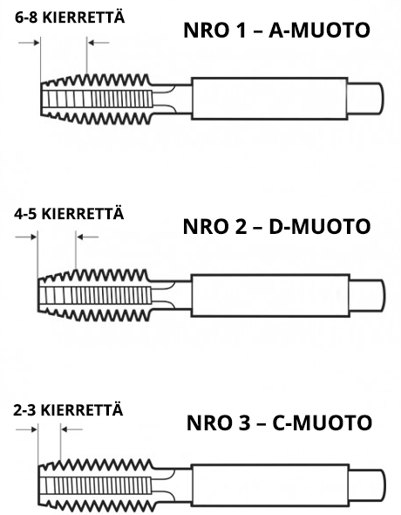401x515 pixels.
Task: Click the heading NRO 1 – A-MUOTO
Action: point(276,31)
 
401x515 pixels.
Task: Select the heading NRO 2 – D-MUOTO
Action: point(276,227)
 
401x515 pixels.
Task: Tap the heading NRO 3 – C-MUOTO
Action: point(279,422)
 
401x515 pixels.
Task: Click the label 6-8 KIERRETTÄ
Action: point(70,17)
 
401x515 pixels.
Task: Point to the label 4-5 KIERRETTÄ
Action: point(69,214)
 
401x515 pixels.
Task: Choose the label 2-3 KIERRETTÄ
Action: point(68,410)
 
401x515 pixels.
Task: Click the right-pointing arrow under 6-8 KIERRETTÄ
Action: point(29,43)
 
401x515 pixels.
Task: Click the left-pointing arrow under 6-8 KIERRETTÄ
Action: point(99,43)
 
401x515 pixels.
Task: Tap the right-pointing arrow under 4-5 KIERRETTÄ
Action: point(26,237)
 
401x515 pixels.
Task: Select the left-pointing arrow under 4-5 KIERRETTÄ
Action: point(87,237)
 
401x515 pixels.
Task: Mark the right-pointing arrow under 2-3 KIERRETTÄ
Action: point(26,429)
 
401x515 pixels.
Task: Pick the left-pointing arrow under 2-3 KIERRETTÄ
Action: point(72,429)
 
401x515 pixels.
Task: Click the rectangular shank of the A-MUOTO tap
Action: point(269,99)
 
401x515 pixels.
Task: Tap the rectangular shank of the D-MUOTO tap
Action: point(270,295)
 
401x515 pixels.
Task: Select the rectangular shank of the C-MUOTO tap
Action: point(270,485)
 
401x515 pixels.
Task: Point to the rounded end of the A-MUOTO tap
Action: point(366,99)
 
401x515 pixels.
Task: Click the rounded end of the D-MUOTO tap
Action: point(368,295)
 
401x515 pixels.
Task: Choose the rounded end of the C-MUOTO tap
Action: point(367,485)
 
